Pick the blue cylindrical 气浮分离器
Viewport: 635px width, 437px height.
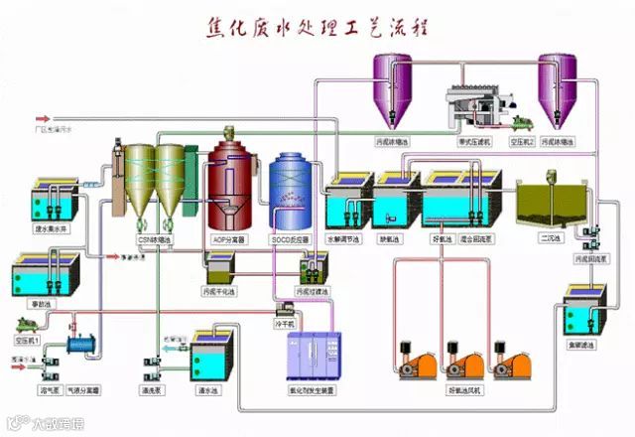[78, 345]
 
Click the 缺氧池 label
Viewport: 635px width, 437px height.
[390, 239]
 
